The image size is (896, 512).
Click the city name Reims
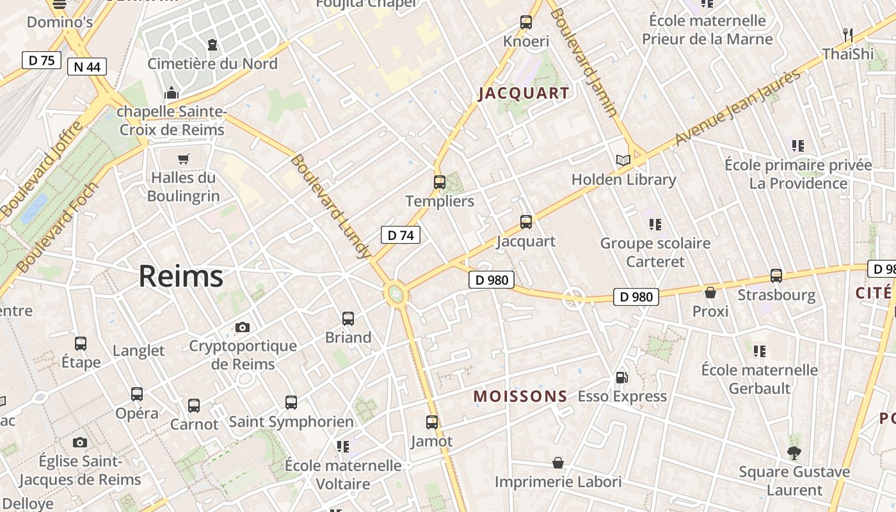(181, 276)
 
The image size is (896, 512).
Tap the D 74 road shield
(401, 235)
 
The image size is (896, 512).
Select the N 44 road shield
(86, 67)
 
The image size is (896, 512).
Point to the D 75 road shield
(42, 60)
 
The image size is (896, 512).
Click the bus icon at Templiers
(440, 182)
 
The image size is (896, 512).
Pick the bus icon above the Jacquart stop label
(526, 222)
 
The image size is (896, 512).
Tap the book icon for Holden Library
(623, 160)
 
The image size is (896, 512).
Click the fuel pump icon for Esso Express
(621, 378)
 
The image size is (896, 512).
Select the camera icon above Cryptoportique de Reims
(243, 328)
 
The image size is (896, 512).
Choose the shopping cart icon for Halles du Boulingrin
(184, 159)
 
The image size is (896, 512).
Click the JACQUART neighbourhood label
(524, 93)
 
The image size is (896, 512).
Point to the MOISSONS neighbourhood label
(520, 396)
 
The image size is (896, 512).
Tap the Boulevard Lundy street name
(330, 206)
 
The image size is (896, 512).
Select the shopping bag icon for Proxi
(710, 292)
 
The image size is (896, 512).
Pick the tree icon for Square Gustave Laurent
(794, 453)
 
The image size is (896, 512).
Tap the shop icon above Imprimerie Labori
(558, 463)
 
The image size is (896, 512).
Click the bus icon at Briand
(348, 319)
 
